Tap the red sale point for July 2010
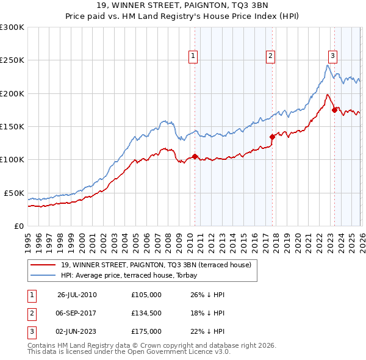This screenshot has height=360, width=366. point(195,156)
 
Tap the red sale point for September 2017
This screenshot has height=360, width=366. point(272,137)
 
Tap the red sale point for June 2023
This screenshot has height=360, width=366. point(334,110)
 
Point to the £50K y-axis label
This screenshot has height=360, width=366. point(13,193)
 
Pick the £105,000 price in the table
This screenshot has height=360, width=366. point(146,295)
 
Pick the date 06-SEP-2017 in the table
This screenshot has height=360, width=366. point(77,313)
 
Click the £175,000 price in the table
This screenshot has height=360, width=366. point(146,331)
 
